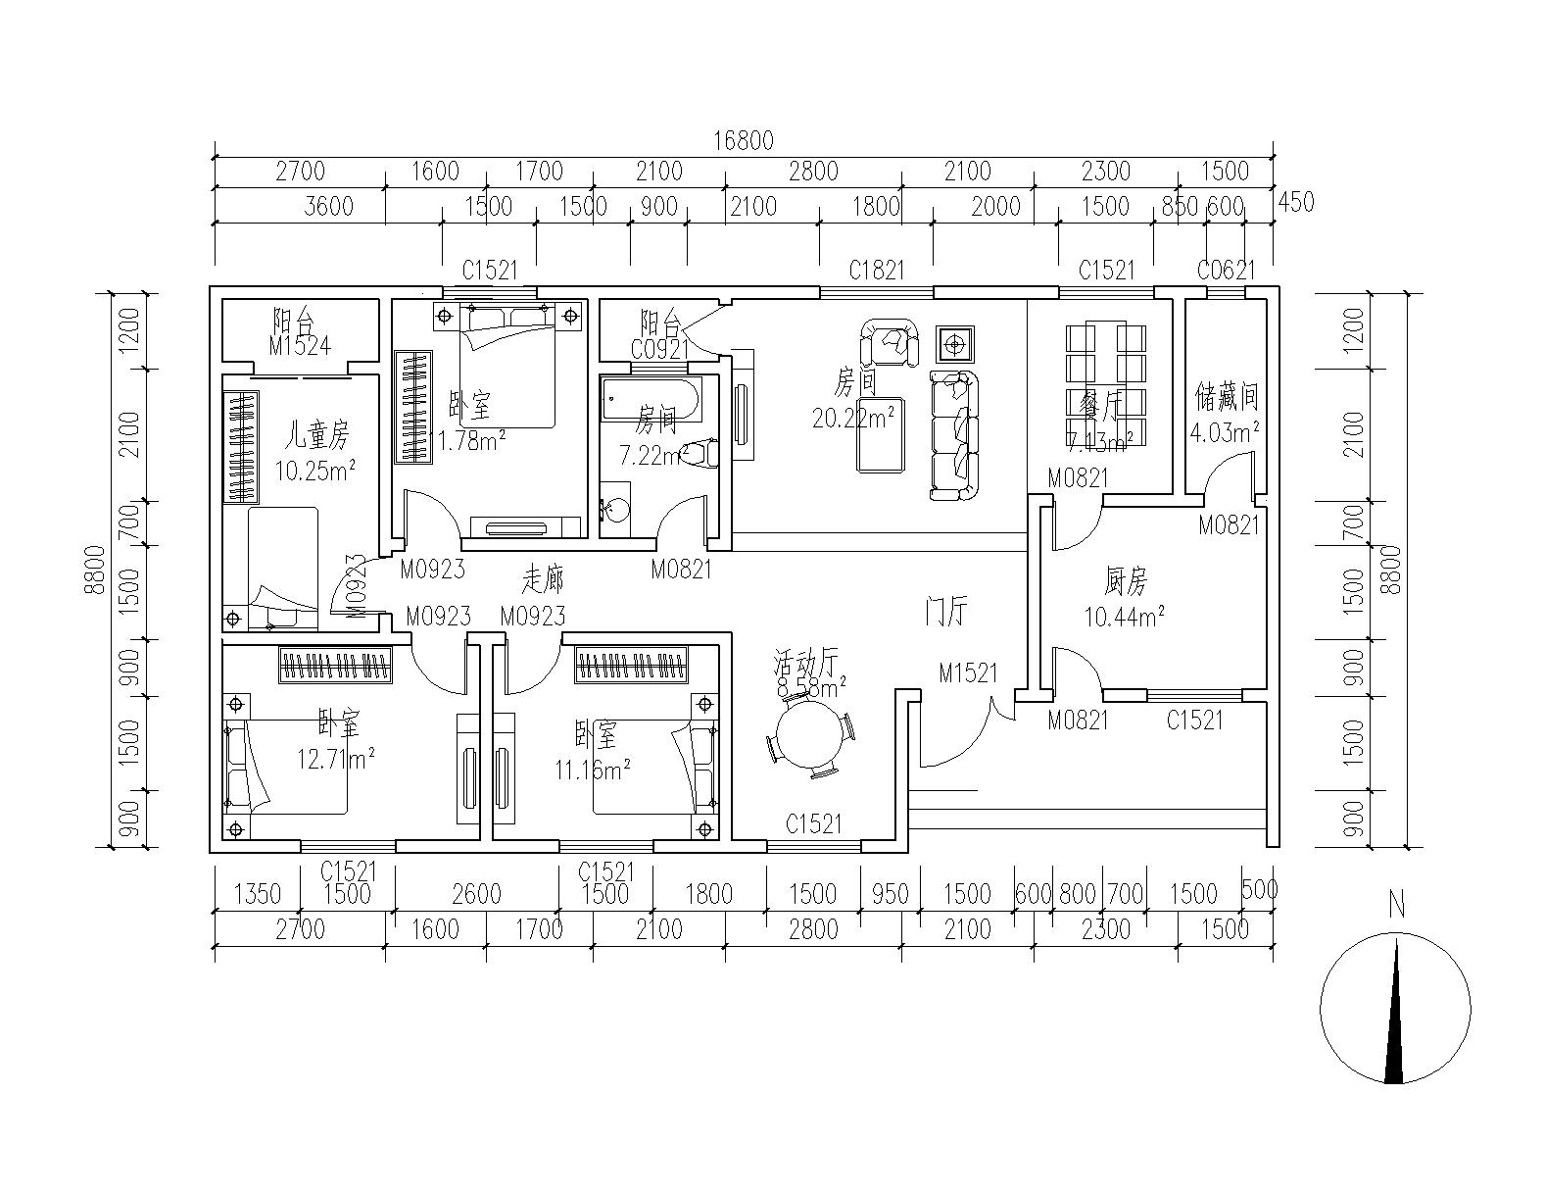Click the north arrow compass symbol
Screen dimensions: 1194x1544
click(1395, 1010)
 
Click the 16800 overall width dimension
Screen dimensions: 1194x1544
click(744, 140)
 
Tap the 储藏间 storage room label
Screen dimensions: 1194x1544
click(1226, 397)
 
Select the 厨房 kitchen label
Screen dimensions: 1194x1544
click(1126, 583)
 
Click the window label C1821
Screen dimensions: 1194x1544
click(877, 271)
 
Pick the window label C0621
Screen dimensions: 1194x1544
click(1225, 271)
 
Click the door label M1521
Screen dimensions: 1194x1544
click(968, 673)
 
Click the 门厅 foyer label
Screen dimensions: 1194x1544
click(946, 613)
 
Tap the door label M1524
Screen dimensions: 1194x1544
click(300, 345)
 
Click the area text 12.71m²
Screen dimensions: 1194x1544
click(336, 758)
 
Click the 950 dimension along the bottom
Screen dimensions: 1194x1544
click(890, 894)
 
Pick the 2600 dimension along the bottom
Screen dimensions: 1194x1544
click(476, 894)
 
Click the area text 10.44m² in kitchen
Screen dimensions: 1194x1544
click(1124, 618)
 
